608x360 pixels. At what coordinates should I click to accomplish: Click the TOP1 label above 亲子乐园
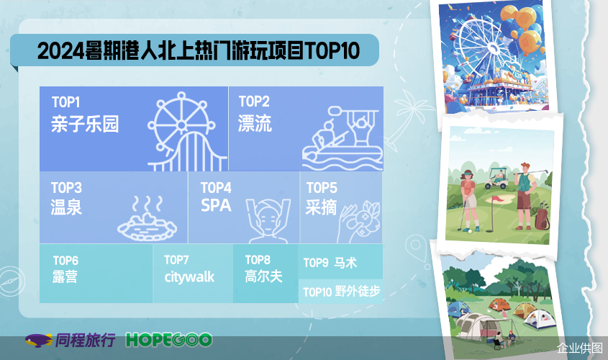(x=66, y=102)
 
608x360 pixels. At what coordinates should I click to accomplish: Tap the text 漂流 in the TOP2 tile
(x=255, y=123)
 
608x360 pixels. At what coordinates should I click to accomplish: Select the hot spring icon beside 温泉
(x=148, y=218)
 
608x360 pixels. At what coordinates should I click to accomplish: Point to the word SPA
(x=216, y=205)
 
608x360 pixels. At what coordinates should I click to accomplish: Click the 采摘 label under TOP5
(x=321, y=207)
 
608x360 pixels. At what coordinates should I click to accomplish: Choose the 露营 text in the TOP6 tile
(x=65, y=276)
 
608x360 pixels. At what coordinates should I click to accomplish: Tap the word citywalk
(x=189, y=277)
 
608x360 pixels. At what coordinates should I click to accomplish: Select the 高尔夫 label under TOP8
(x=263, y=276)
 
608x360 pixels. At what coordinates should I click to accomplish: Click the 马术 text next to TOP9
(x=345, y=263)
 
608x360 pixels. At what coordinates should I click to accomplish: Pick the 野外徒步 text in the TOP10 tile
(x=358, y=291)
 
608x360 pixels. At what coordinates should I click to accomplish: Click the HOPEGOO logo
(x=168, y=341)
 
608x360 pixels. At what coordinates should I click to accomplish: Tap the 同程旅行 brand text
(x=86, y=340)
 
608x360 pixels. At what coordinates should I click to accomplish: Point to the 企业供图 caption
(x=580, y=348)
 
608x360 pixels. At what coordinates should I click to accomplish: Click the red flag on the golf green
(x=497, y=199)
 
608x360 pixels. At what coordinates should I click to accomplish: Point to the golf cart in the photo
(x=496, y=179)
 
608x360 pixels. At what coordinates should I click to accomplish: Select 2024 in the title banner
(x=60, y=51)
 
